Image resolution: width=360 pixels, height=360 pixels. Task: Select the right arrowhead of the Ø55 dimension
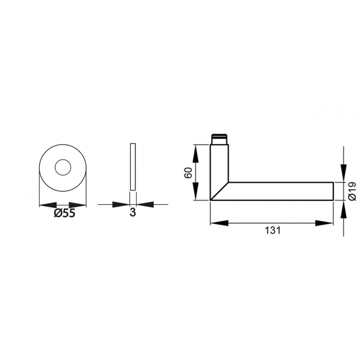[81, 204]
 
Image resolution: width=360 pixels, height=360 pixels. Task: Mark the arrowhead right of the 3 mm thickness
[143, 204]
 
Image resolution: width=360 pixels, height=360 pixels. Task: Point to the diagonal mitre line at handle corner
[219, 191]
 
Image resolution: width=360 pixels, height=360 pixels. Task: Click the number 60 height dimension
[187, 172]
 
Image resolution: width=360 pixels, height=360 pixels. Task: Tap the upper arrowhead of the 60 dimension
[195, 151]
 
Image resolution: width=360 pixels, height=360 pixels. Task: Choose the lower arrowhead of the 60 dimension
[195, 193]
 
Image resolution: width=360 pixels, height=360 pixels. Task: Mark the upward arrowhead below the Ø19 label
[343, 208]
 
